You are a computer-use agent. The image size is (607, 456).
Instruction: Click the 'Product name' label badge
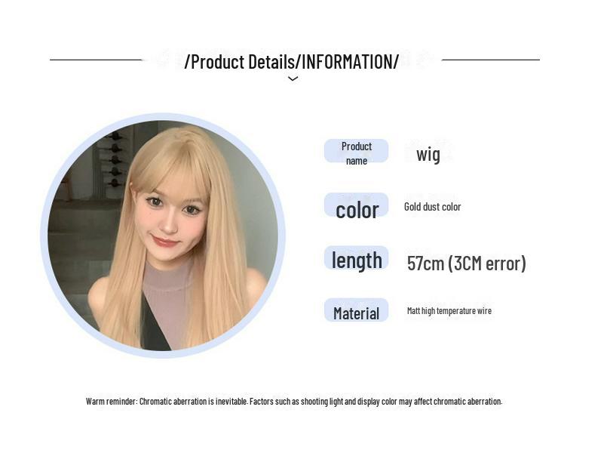tap(356, 152)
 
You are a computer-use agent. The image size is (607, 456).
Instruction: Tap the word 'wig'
tap(428, 154)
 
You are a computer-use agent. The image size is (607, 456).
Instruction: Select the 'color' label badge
tap(357, 208)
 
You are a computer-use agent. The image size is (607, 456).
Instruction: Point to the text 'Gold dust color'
tap(432, 207)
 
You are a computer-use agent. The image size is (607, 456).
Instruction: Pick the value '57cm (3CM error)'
tap(466, 263)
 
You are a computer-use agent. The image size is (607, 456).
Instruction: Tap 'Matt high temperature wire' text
tap(449, 311)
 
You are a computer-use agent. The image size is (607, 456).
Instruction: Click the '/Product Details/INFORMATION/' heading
tap(292, 62)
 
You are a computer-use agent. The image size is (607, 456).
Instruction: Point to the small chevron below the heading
tap(293, 79)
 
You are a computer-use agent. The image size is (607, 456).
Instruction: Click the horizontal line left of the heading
tap(96, 60)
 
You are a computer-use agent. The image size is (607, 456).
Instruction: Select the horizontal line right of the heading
tap(490, 60)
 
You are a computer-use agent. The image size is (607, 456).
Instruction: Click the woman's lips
tap(165, 242)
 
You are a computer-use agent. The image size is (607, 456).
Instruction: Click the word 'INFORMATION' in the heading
tap(347, 62)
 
